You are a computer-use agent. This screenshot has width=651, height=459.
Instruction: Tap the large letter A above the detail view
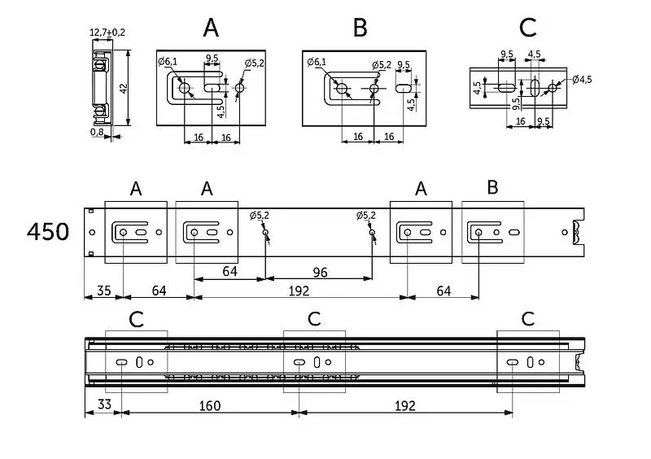pos(211,28)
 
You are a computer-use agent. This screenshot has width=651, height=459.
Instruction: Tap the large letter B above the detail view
pos(360,28)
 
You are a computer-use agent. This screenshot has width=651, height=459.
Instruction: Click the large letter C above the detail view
pos(527,28)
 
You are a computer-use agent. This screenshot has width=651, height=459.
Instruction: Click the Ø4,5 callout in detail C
pos(583,80)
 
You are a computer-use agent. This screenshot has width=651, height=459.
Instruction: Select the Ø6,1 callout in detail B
pos(317,62)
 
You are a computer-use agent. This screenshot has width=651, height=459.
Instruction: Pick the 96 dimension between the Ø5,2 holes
pos(320,273)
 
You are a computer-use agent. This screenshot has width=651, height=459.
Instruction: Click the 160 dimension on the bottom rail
pos(210,404)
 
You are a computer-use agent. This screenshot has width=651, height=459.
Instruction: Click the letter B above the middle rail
pos(492,188)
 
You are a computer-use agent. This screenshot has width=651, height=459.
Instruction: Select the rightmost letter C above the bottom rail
pos(528,318)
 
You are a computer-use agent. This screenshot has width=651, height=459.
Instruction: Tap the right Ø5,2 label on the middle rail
pos(366,216)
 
